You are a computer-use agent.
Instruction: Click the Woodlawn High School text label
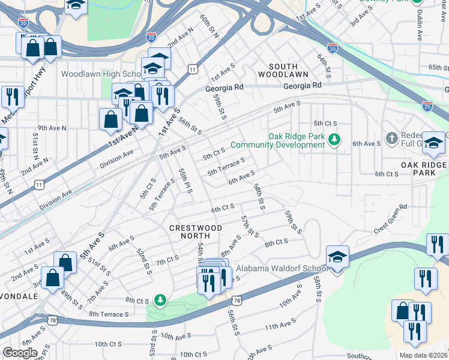click(100, 74)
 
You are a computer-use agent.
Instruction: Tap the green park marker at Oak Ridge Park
click(335, 140)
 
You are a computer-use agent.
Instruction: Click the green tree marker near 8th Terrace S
click(160, 299)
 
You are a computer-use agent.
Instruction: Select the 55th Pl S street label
click(184, 180)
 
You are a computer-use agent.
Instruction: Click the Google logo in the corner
click(20, 352)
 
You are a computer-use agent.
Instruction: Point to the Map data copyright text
click(422, 355)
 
